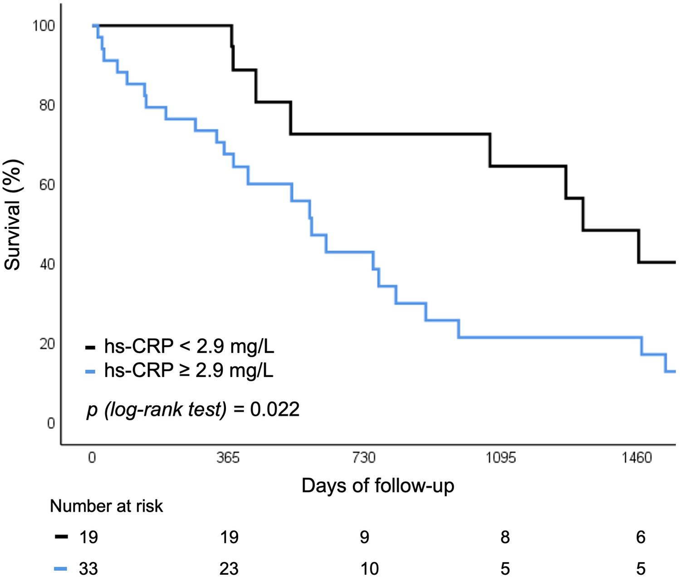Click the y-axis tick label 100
point(44,26)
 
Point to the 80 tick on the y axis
point(47,105)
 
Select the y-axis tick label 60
point(47,185)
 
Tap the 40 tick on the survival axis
point(47,264)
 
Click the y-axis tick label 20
point(47,344)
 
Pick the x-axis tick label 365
point(228,458)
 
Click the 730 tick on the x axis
point(364,458)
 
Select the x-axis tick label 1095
point(501,458)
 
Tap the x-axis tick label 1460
point(636,458)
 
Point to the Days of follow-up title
point(377,485)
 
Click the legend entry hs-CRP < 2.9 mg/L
point(189,347)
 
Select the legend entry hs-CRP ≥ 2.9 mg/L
point(189,371)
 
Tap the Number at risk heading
point(106,506)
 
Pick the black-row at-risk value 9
point(364,538)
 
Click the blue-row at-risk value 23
point(229,568)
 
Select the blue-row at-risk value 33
point(88,568)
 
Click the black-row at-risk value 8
point(505,538)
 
